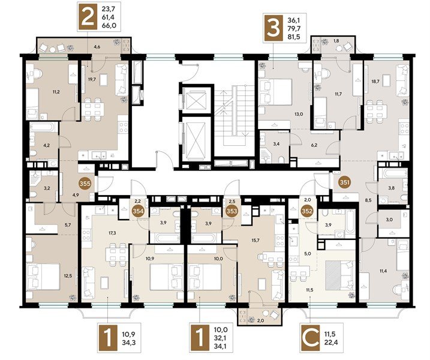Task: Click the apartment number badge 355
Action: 85,184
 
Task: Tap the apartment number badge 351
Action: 344,182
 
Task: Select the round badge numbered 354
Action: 138,211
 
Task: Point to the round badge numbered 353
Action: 231,211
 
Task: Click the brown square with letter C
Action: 311,338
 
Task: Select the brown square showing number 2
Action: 88,16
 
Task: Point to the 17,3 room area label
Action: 112,233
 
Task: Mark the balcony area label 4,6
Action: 97,47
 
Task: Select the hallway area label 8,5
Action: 368,200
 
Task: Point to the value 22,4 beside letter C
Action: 330,343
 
